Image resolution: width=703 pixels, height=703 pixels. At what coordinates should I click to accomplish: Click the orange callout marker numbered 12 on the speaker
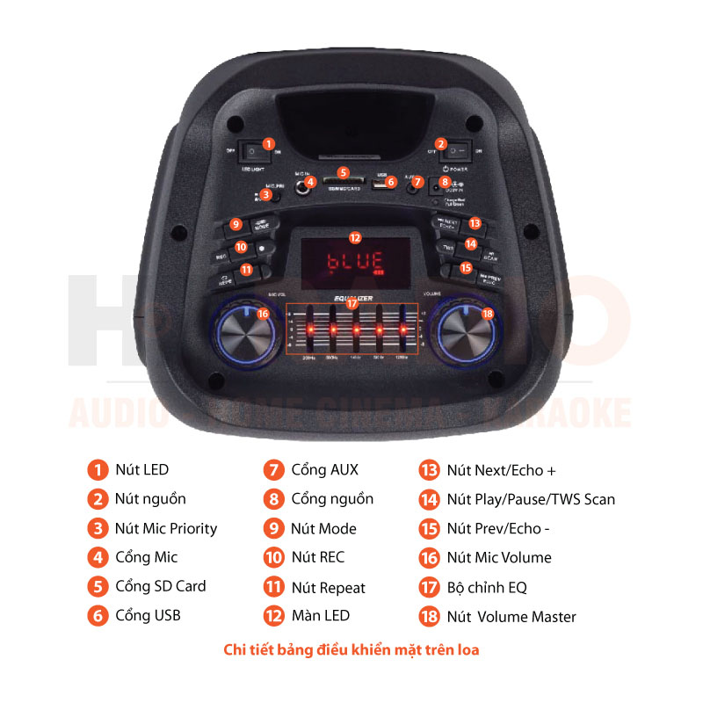point(355,237)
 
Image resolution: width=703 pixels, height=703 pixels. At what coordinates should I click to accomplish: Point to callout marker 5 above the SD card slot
point(344,173)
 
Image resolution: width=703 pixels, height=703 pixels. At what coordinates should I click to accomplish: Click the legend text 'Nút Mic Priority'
point(165,528)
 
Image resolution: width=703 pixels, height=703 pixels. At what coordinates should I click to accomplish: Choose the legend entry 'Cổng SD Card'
point(160,586)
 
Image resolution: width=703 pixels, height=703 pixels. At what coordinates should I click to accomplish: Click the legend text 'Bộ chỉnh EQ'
point(486,587)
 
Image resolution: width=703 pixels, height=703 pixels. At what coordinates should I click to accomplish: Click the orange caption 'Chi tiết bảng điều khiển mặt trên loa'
point(351,650)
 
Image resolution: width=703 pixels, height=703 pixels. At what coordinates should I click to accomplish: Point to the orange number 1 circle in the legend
point(97,470)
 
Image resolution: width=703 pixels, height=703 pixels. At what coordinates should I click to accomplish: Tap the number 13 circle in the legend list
point(429,470)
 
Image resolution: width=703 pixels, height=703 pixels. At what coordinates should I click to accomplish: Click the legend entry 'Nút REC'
point(317,557)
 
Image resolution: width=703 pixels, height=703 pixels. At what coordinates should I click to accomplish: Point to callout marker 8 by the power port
point(446,182)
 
